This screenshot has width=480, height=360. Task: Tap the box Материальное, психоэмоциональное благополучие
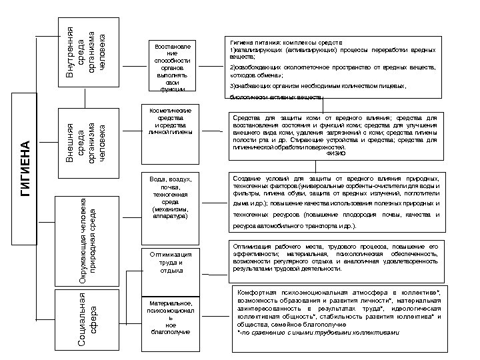[171, 321]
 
